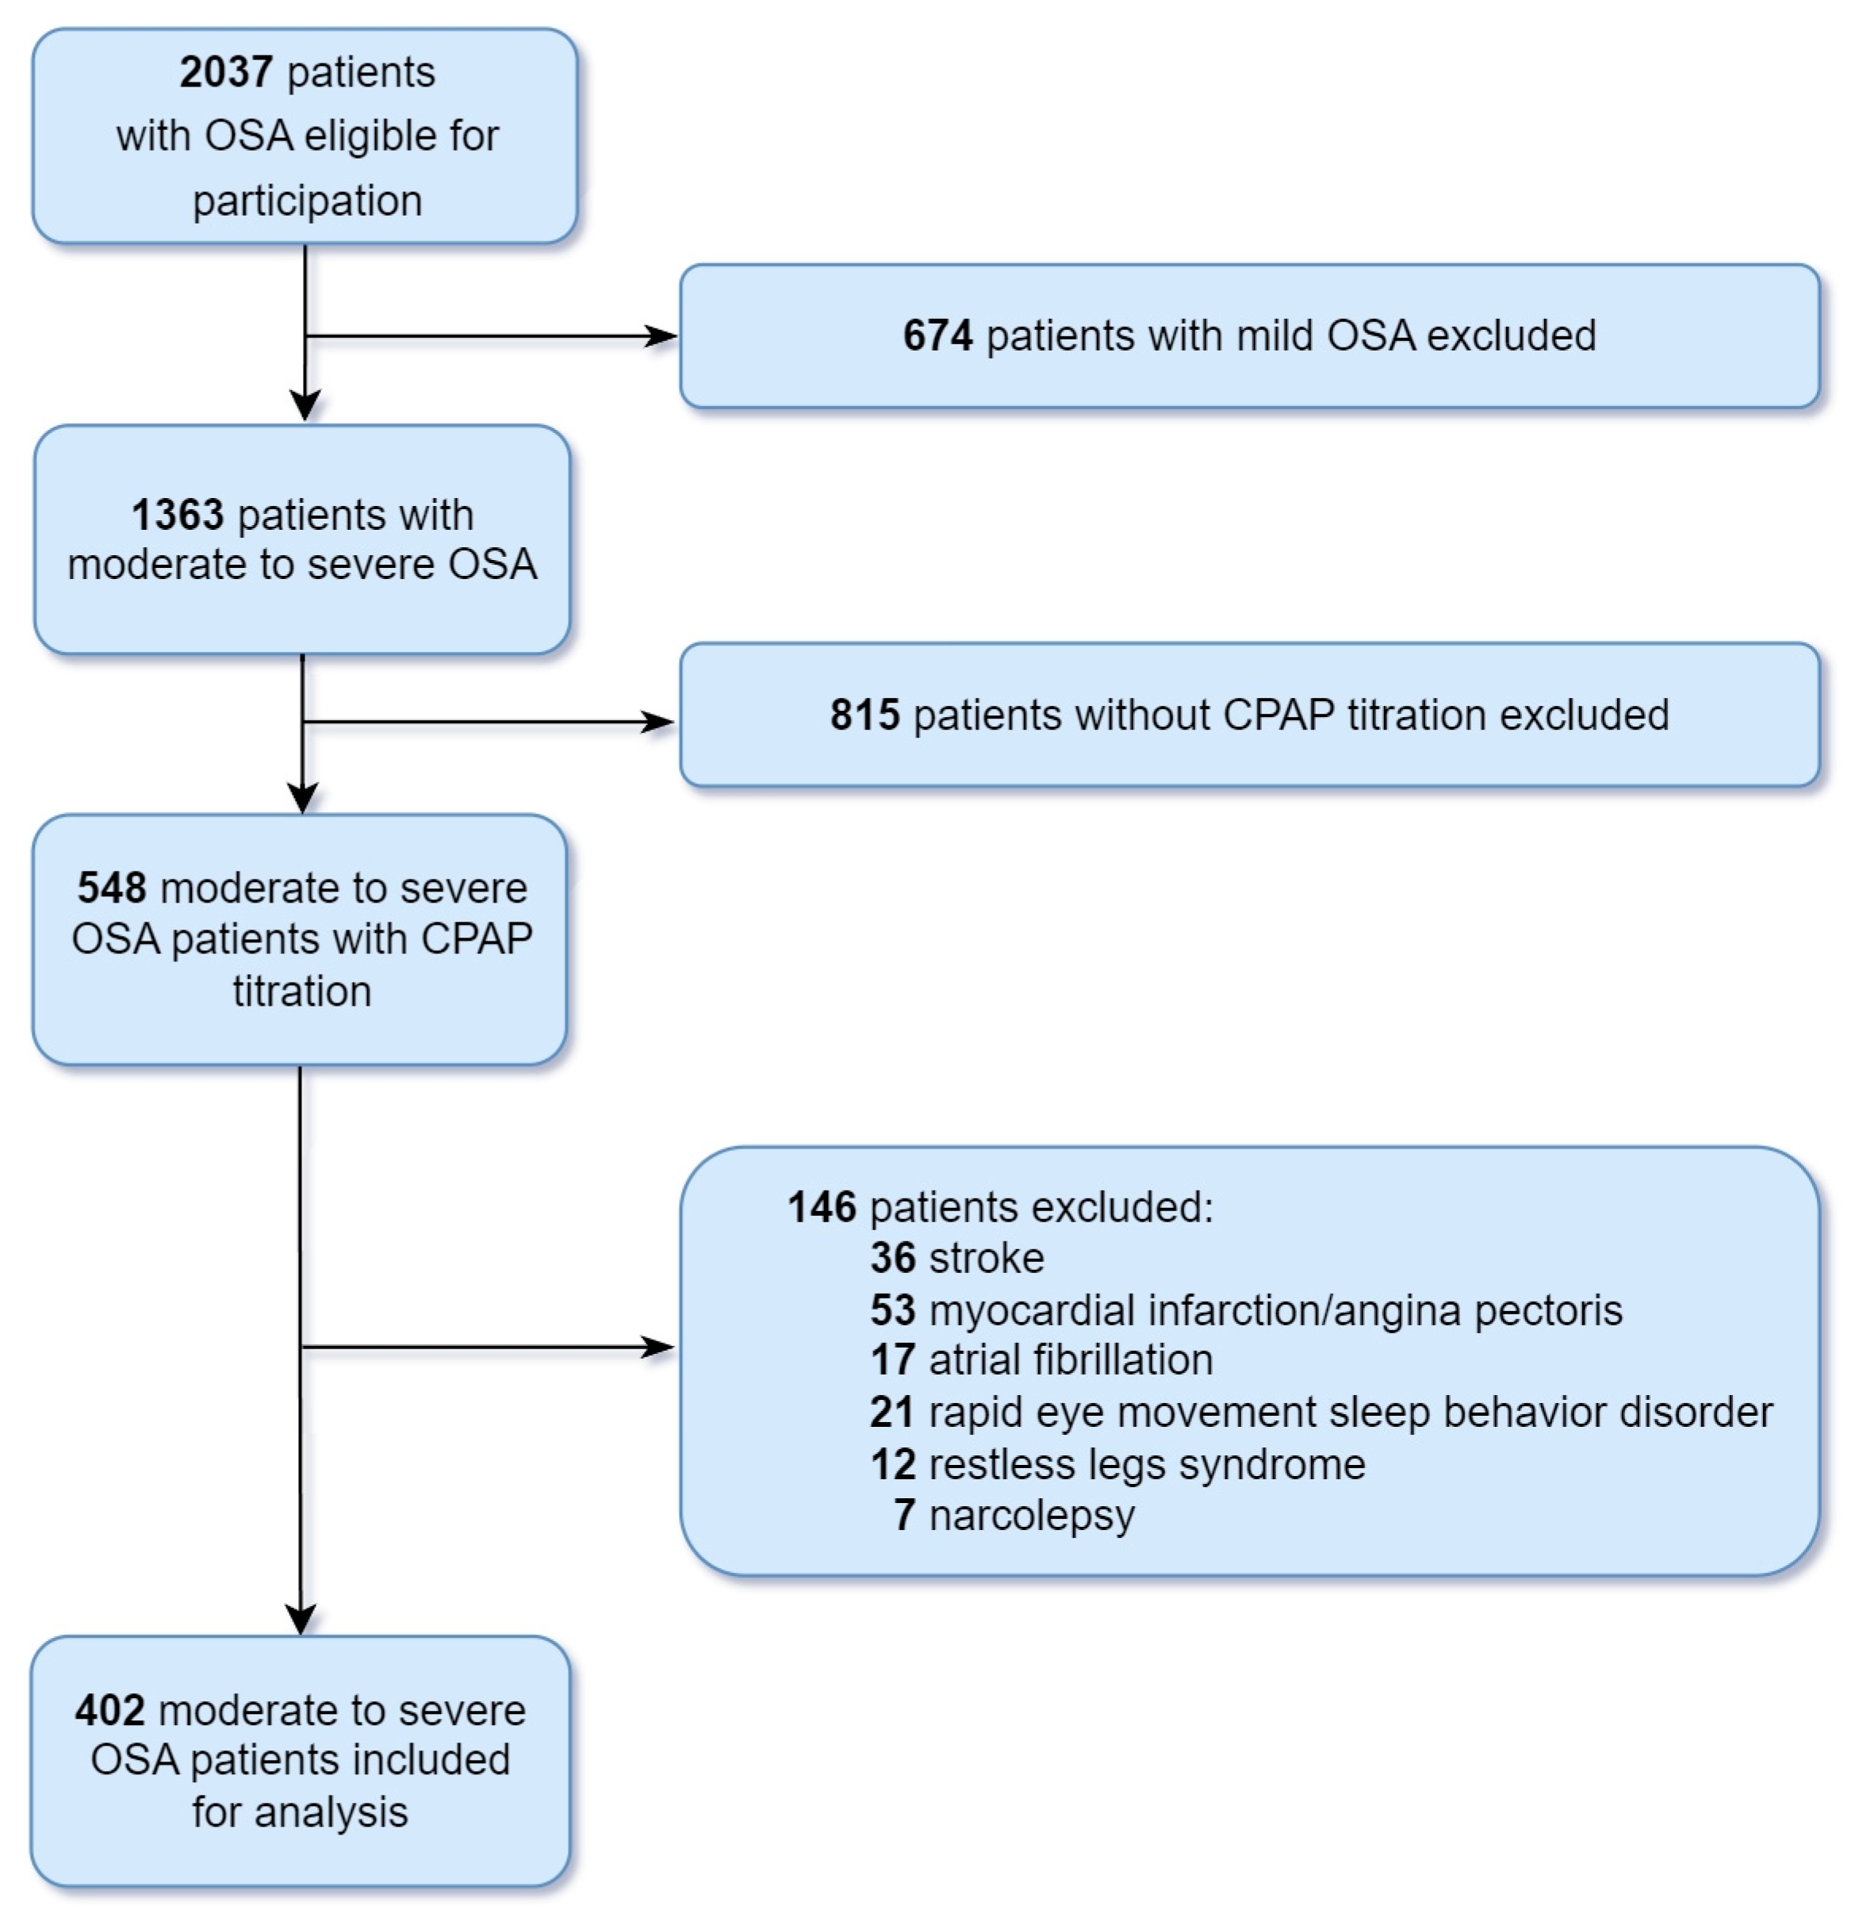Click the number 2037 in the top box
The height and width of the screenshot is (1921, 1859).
tap(225, 72)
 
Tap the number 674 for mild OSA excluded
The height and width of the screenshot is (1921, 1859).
tap(937, 336)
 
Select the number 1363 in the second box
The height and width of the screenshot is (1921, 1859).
tap(178, 515)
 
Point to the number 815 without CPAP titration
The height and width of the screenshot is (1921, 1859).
tap(864, 715)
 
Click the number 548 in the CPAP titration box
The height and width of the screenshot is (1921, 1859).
tap(112, 888)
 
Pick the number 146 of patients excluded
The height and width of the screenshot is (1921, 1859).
tap(821, 1207)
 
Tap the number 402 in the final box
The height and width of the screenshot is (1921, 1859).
tap(109, 1710)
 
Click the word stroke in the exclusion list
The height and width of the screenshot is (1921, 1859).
tap(986, 1259)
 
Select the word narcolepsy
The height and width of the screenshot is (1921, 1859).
tap(1031, 1515)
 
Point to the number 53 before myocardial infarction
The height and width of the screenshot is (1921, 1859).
tap(891, 1310)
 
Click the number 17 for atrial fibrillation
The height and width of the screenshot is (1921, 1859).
tap(891, 1360)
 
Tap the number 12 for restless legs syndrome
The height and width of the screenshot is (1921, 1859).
tap(891, 1464)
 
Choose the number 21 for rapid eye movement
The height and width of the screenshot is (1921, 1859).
tap(891, 1413)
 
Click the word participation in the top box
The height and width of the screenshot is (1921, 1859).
tap(307, 201)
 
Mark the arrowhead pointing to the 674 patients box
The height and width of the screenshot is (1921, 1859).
tap(661, 336)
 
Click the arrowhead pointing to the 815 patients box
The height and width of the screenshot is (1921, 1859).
tap(657, 723)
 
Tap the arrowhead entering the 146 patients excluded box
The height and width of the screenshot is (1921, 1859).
tap(657, 1348)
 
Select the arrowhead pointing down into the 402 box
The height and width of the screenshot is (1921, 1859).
tap(301, 1619)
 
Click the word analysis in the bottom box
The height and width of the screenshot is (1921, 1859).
tap(332, 1812)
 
